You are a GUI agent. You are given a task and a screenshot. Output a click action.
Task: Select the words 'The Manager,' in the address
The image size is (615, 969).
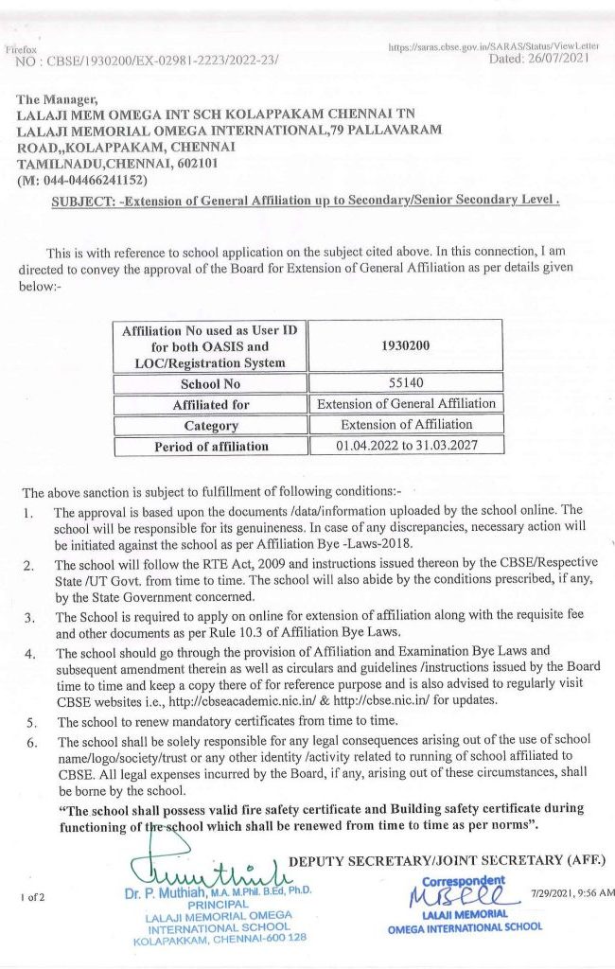(x=57, y=98)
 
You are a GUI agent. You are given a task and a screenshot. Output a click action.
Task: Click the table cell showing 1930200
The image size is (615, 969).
(x=406, y=345)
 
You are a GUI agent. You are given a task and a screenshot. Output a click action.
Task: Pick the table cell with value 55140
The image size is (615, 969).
(x=406, y=384)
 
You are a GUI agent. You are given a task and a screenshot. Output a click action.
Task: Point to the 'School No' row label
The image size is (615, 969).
(x=210, y=385)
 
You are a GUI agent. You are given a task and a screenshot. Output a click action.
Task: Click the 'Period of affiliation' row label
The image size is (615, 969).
(x=210, y=446)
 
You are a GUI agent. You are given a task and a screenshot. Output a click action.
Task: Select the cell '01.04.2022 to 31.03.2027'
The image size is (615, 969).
(x=406, y=445)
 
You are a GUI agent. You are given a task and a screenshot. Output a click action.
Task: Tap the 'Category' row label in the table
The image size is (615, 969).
(x=210, y=426)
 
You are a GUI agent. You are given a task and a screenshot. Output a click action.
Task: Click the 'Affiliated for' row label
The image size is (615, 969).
(x=210, y=405)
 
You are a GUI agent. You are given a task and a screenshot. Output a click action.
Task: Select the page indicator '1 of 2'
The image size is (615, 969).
(x=32, y=895)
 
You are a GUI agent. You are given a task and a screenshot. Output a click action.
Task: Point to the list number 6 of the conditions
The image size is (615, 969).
(x=30, y=740)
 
